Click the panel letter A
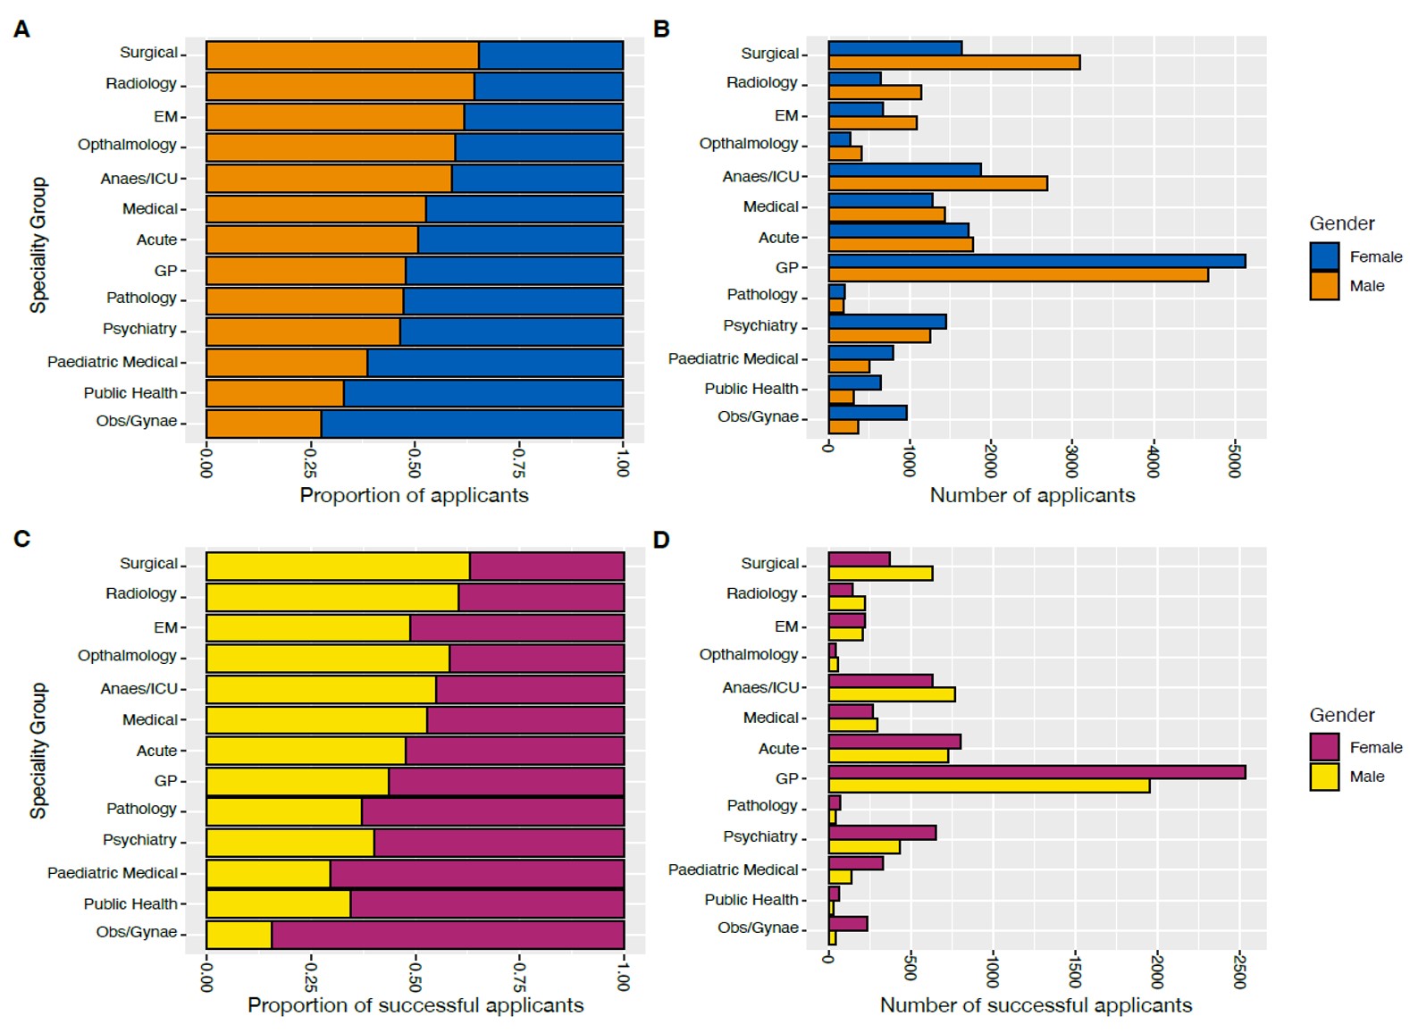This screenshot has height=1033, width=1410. [22, 29]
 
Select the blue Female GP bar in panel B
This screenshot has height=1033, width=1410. [1037, 261]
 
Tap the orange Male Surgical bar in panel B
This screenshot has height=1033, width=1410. [953, 63]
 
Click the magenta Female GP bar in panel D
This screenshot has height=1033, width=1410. [1037, 772]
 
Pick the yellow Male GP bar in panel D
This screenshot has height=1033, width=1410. [988, 786]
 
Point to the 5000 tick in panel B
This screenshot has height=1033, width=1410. [1234, 459]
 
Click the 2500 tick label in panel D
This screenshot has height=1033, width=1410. [1239, 970]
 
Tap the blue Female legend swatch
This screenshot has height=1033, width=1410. [1324, 256]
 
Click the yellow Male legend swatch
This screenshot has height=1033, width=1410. [1324, 777]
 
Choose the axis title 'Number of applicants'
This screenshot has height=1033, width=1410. [1032, 495]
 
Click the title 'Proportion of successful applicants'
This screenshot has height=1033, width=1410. [415, 1005]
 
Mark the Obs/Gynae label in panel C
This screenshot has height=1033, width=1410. [137, 932]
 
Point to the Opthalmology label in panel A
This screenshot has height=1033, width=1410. [127, 145]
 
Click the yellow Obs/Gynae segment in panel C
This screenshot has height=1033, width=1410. [239, 935]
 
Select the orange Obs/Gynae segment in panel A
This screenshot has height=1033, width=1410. [264, 424]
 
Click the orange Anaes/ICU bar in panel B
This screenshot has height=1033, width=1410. [937, 184]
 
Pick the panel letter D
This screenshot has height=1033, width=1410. [661, 540]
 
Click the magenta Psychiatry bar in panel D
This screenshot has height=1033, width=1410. [882, 833]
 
